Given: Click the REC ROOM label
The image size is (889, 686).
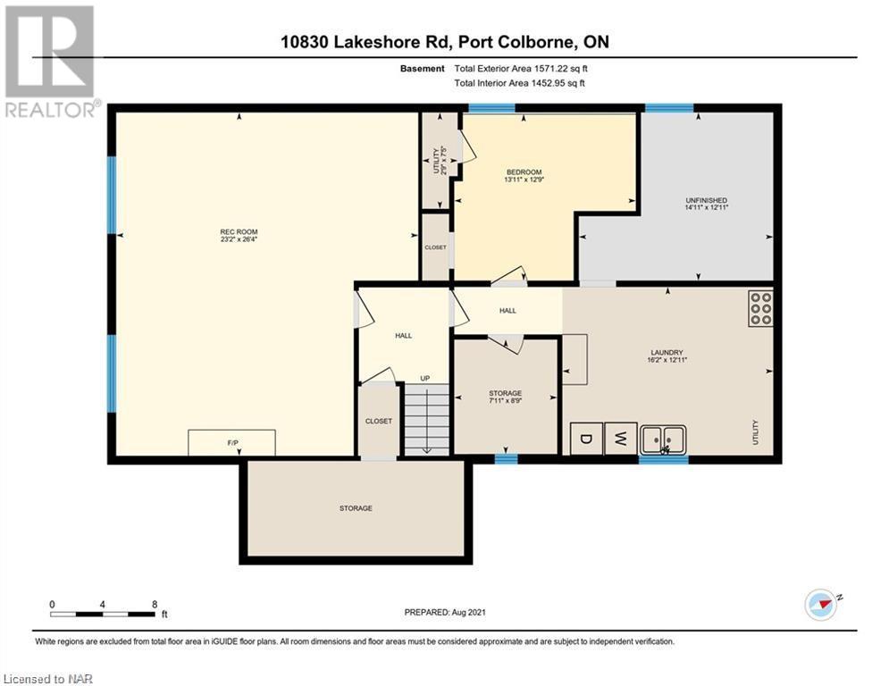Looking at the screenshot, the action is pos(239,232).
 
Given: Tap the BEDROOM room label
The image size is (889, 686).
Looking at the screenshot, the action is pos(524,171).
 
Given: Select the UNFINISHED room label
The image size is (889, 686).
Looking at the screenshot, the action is pos(706,200).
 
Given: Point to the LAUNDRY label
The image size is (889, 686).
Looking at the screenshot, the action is pos(667,352).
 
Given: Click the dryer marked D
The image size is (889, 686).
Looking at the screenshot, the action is pos(586,439).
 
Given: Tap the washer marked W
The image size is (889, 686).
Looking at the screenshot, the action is pos(621,439).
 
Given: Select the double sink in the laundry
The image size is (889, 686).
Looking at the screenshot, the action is pos(663,439).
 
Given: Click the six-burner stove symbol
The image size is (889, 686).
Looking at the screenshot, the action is pos(760,308).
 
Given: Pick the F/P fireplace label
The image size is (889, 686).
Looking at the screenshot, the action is pos(232,443).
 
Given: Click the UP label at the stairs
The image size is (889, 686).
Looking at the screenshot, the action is pos(425,378).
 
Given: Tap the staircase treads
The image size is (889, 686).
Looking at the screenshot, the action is pos(426,420).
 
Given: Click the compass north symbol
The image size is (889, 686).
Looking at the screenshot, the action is pos(820,605).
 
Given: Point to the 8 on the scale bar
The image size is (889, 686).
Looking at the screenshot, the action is pos(155,605).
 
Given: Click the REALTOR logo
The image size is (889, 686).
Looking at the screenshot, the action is pos(50,62).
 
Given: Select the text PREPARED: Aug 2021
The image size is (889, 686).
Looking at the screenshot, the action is pos(445,612).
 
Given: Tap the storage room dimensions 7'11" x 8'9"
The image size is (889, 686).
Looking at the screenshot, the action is pos(505,400).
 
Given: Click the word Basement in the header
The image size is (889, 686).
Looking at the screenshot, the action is pos(423,69).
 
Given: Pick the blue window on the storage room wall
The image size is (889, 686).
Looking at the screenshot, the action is pos(506,459).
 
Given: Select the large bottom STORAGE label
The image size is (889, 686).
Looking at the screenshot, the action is pos(356,508).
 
